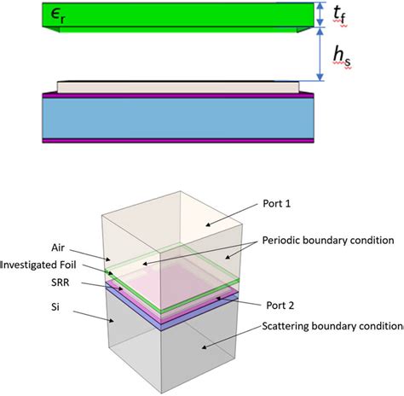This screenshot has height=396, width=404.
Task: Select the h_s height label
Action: [x=342, y=56]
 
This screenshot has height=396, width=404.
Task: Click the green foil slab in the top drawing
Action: [x=170, y=15]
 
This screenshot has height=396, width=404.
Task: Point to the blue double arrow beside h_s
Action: [x=319, y=55]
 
